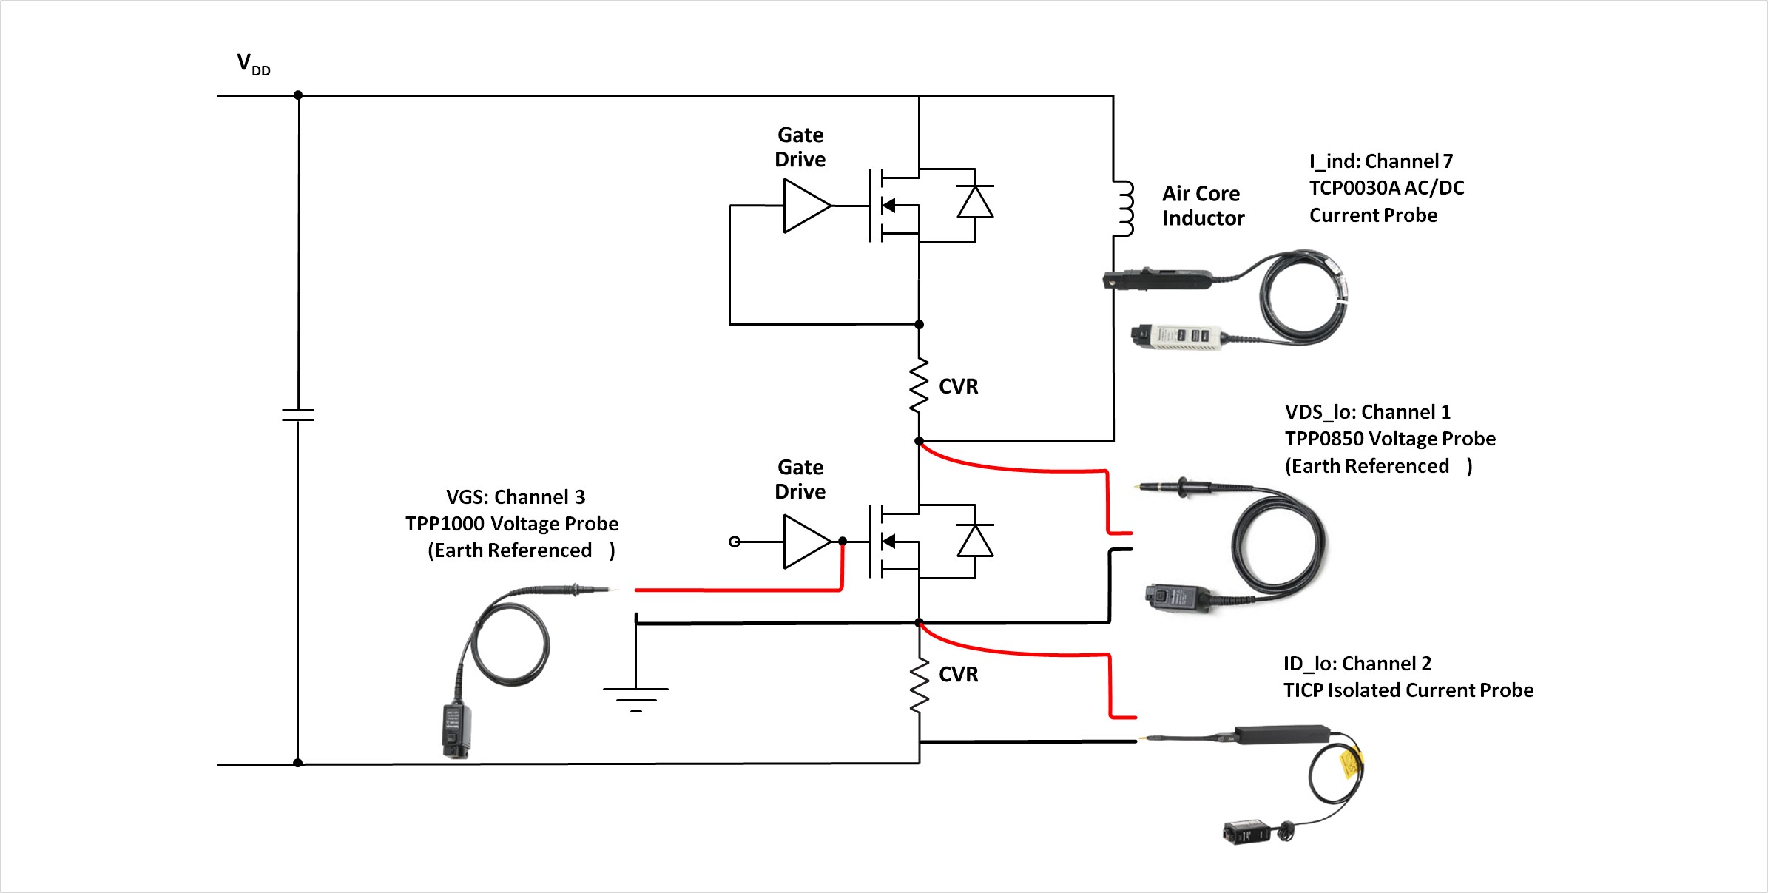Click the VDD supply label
point(253,64)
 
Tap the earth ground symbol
point(635,696)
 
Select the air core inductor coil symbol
point(1124,209)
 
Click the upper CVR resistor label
point(958,386)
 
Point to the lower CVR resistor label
point(958,674)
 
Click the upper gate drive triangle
point(806,206)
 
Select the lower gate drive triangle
point(806,542)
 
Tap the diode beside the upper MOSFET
point(975,202)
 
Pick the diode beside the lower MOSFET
point(975,541)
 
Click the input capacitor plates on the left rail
point(298,415)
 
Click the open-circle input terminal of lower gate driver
point(735,542)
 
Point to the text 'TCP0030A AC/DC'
point(1386,188)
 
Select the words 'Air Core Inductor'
point(1203,206)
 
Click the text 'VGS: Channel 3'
point(516,497)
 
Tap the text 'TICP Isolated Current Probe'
point(1408,690)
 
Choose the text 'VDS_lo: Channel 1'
point(1367,412)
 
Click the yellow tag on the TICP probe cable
point(1351,763)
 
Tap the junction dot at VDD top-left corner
point(298,95)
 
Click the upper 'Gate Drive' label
point(800,147)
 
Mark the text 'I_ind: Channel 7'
point(1380,161)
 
